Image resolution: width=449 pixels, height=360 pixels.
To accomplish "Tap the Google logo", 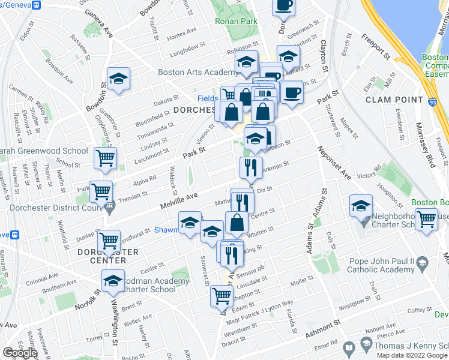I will pyautogui.click(x=19, y=353).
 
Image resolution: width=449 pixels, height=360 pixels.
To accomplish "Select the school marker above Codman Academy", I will pyautogui.click(x=113, y=280).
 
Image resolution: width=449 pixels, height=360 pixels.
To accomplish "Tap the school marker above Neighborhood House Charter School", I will pyautogui.click(x=361, y=206).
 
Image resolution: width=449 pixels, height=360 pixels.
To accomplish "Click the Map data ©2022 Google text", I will pyautogui.click(x=412, y=355).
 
